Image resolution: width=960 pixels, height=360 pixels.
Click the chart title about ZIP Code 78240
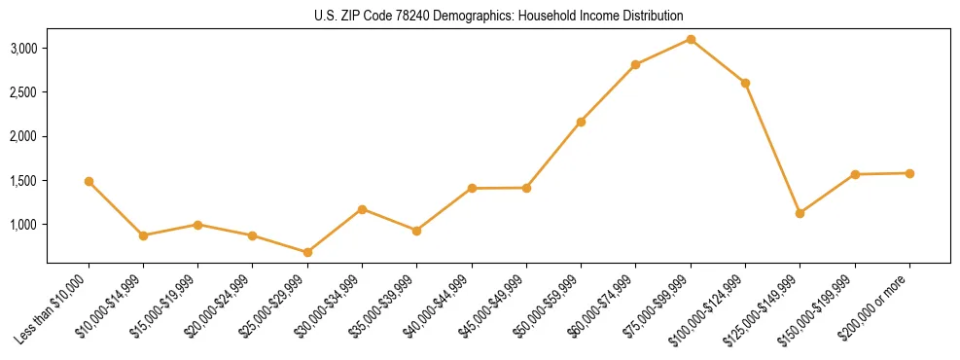pyautogui.click(x=499, y=16)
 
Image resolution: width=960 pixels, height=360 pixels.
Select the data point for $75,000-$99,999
pyautogui.click(x=691, y=39)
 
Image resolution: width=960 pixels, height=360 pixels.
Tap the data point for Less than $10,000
pyautogui.click(x=89, y=181)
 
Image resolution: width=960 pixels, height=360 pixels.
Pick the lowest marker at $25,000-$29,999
pyautogui.click(x=307, y=252)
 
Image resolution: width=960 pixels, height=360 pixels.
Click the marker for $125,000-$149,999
pyautogui.click(x=800, y=213)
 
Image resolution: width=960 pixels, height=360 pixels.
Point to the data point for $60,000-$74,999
pyautogui.click(x=635, y=64)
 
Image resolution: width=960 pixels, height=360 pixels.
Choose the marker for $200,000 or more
pyautogui.click(x=909, y=173)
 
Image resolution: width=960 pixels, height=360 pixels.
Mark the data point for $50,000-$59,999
pyautogui.click(x=581, y=122)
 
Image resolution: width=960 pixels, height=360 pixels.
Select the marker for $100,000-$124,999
pyautogui.click(x=745, y=83)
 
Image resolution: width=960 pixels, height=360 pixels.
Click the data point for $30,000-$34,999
pyautogui.click(x=362, y=209)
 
